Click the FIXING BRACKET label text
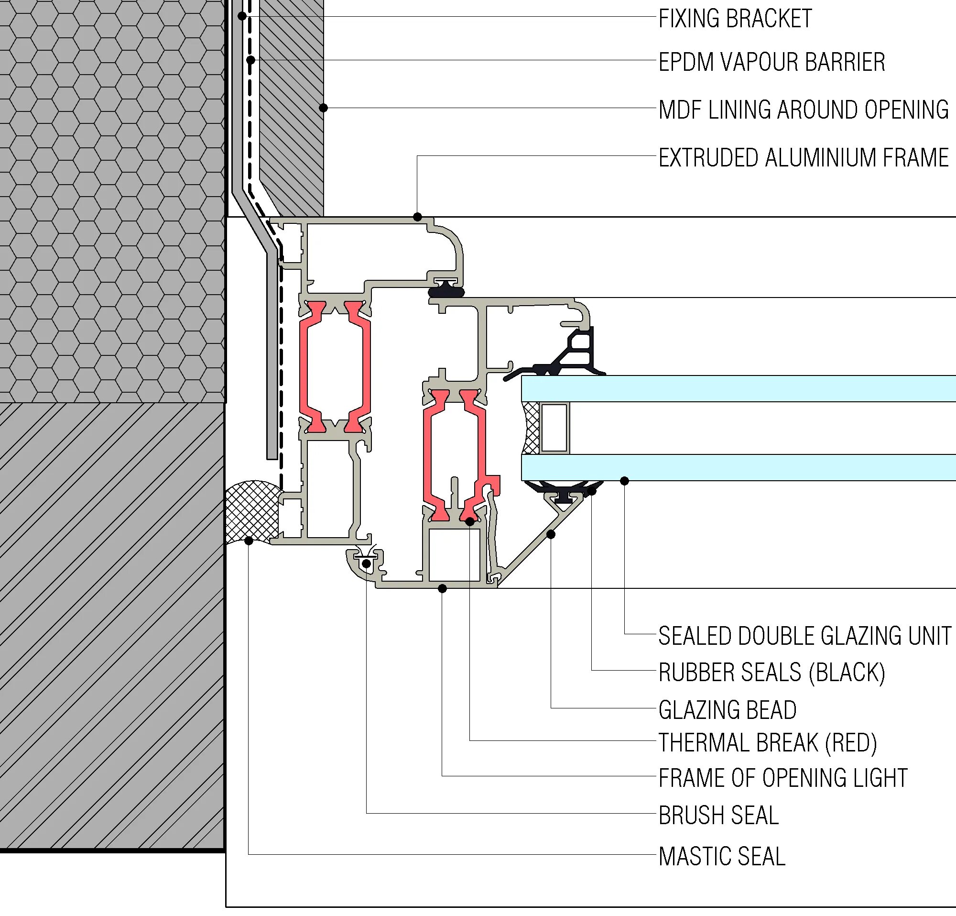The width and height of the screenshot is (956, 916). tap(735, 19)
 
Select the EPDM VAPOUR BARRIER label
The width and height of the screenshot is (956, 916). tap(771, 62)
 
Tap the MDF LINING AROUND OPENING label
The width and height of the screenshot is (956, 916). tap(803, 110)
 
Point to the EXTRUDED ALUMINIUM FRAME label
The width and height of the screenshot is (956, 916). tap(803, 158)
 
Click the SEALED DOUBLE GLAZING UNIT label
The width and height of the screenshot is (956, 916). tap(804, 636)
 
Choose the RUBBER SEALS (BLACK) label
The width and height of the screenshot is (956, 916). tap(771, 673)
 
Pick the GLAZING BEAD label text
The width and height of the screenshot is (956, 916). tap(727, 710)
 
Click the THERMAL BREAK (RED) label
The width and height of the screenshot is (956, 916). tap(767, 743)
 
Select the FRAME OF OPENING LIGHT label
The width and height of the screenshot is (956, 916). tap(782, 778)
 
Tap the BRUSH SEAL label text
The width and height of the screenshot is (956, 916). tap(718, 816)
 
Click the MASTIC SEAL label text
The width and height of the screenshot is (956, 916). tap(721, 857)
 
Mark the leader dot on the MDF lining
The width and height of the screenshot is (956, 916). tap(323, 108)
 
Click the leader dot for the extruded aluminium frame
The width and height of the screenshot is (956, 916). tap(417, 217)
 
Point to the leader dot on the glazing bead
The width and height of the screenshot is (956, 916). tap(551, 534)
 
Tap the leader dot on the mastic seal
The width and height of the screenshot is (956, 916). tap(249, 541)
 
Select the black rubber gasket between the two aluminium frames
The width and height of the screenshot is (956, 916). tap(446, 292)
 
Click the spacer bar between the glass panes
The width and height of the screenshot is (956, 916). tap(554, 428)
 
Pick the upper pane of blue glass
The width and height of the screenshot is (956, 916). tap(732, 388)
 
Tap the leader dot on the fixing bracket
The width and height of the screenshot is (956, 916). tap(242, 16)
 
